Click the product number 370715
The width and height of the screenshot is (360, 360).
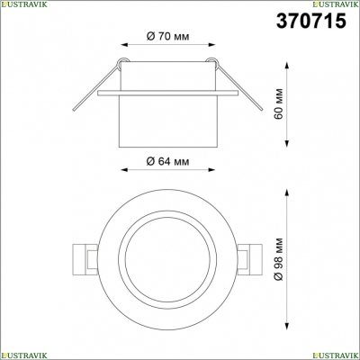coord(311,21)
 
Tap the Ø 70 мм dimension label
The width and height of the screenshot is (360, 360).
coord(168,37)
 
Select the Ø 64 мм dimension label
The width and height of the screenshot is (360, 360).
coord(168,161)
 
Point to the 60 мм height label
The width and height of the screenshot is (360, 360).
coord(278,103)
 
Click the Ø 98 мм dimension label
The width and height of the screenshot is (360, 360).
coord(278,259)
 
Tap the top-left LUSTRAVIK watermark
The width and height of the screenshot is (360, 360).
coord(23,4)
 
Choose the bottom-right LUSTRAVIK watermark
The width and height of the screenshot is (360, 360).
coord(336,355)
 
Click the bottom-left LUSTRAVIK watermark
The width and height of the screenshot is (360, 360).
coord(23,355)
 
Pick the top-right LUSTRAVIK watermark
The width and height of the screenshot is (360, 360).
coord(336,4)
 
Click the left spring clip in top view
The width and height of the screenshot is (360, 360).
coord(85,259)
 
